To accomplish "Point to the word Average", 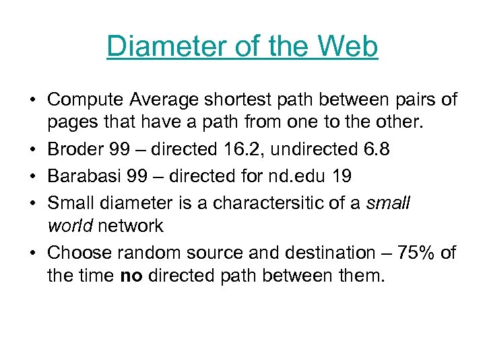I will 163,100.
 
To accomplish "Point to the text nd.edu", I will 296,176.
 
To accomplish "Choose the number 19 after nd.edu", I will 341,176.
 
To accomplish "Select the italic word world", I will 70,227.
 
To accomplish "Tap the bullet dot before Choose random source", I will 32,253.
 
